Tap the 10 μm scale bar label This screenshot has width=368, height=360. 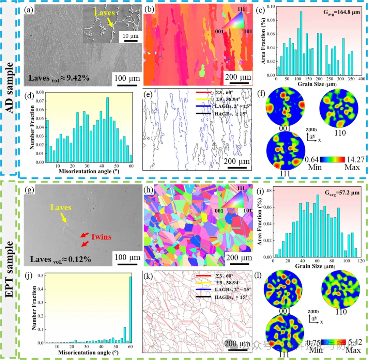[131, 36]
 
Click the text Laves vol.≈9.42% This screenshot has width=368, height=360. [59, 78]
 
